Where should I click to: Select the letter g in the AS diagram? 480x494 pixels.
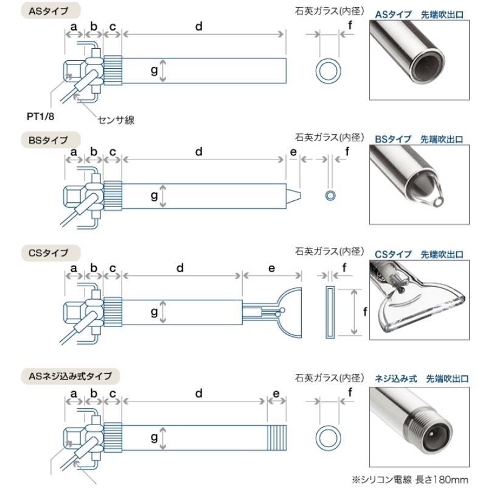tap(154, 72)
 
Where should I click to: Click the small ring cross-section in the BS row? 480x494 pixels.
tap(330, 195)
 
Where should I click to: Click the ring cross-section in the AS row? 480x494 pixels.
tap(329, 71)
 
